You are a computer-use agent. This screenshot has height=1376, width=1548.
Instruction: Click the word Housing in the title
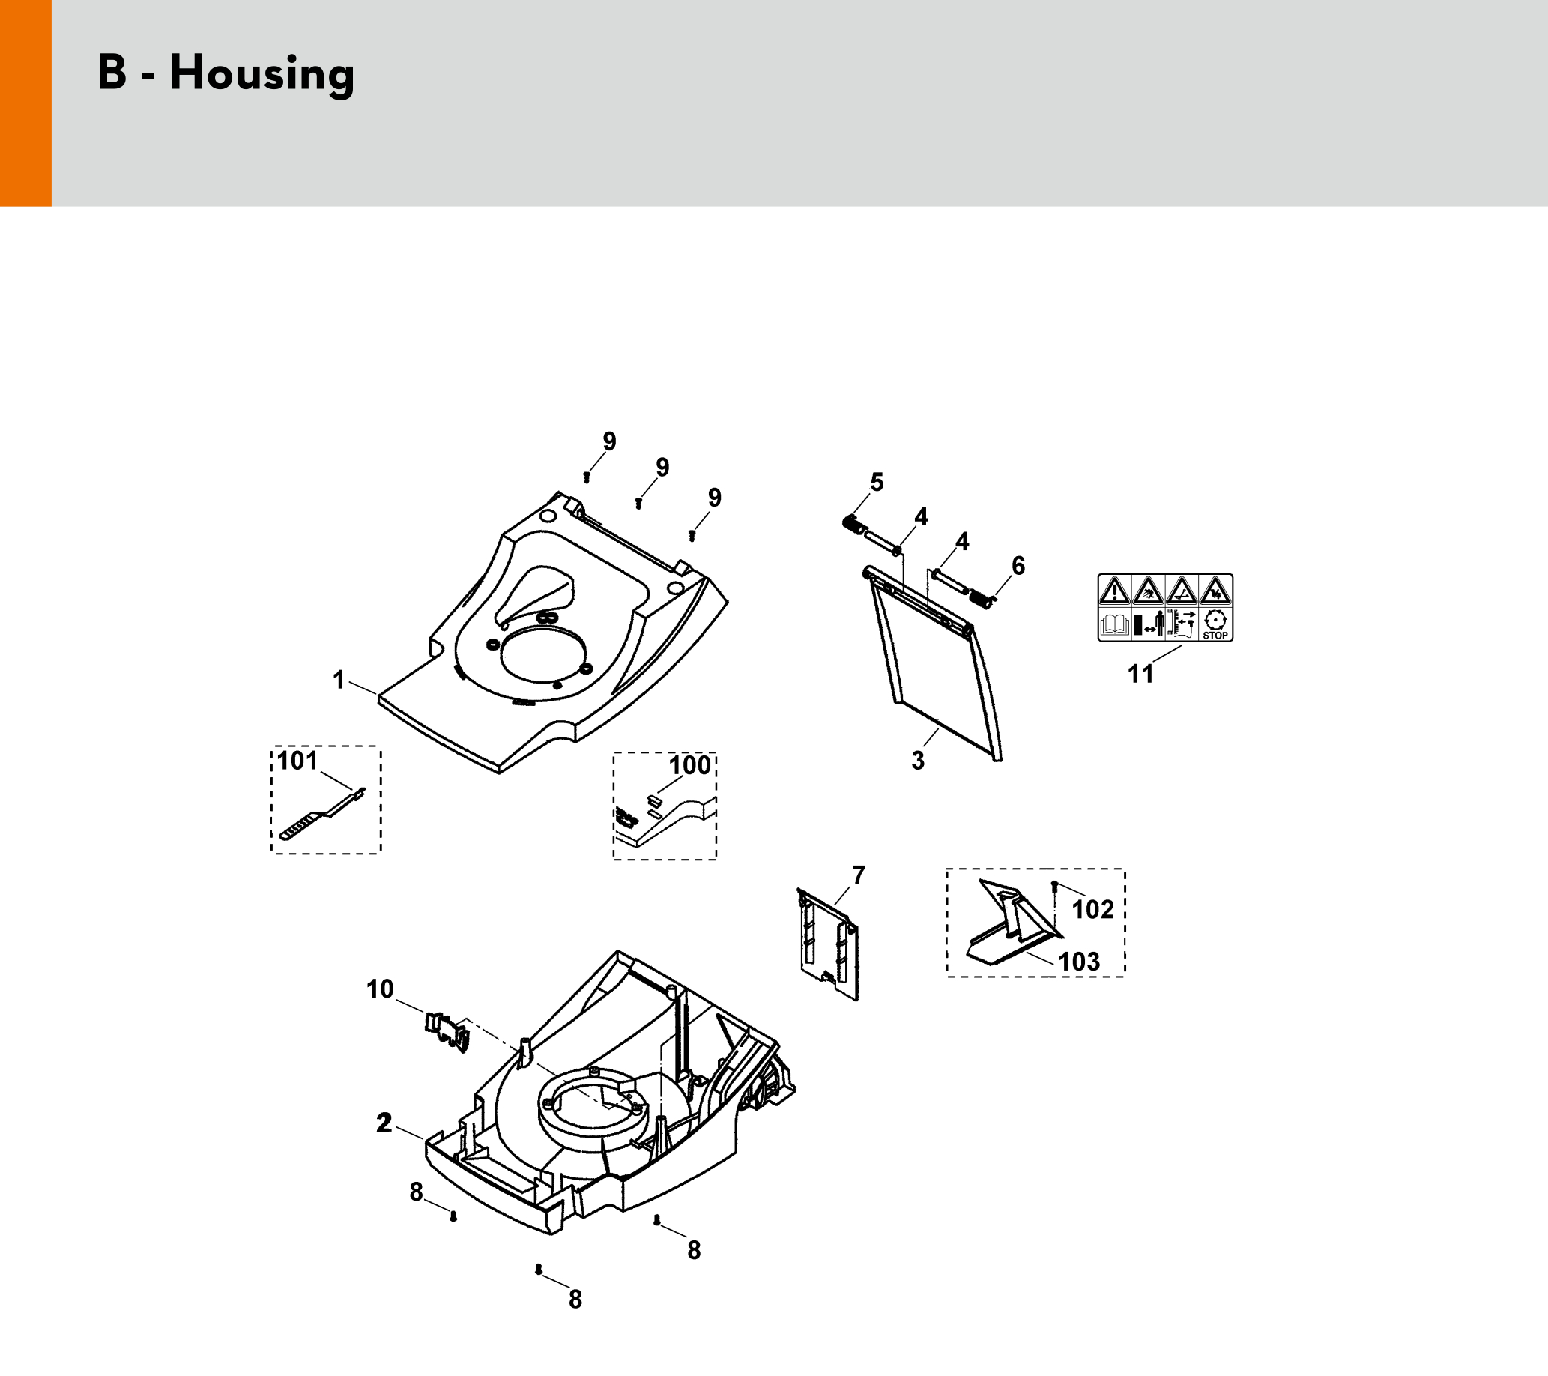(262, 74)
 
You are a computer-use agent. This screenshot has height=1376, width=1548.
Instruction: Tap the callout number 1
(339, 680)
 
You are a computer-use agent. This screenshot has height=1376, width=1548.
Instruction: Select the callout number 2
(384, 1123)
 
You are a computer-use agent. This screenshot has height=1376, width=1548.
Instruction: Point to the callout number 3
(918, 761)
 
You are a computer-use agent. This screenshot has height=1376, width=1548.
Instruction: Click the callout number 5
(877, 482)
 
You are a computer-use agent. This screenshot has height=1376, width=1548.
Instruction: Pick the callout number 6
(1018, 565)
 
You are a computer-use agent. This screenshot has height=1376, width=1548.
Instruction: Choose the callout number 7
(858, 875)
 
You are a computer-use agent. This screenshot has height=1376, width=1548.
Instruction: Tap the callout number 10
(380, 989)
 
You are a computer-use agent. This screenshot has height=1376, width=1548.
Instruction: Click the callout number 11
(1140, 673)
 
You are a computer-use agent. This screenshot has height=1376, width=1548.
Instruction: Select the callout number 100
(690, 765)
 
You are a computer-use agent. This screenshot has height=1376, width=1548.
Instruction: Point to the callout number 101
(297, 760)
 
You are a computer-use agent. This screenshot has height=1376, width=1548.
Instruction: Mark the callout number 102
(1093, 909)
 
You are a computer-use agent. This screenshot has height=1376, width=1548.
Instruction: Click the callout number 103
(1079, 962)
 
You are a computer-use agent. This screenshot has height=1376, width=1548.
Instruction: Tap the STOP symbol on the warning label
(1215, 624)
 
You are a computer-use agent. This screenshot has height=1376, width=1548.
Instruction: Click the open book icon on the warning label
(1114, 625)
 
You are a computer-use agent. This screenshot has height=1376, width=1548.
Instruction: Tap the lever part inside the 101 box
(322, 815)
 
